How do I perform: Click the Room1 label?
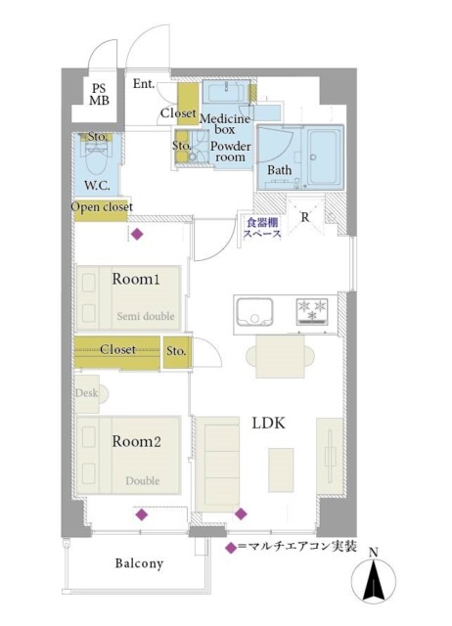coord(136,279)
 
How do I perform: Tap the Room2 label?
coord(136,441)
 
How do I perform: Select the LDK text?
coord(269,423)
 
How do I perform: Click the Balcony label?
coord(139,563)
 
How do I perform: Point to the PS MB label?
coord(99,94)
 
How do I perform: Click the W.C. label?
coord(98,185)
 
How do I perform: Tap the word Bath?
coord(279,170)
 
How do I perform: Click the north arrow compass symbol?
coord(374,579)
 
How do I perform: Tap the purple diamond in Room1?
coord(137,234)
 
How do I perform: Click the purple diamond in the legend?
coord(230,548)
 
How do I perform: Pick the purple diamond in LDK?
coord(241,514)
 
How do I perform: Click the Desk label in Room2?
coord(86,393)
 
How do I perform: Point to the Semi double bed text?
coord(146,316)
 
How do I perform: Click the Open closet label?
coord(102,207)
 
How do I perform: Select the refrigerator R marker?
coord(305,217)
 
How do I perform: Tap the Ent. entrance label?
coord(144,84)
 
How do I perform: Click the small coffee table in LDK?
coord(281,469)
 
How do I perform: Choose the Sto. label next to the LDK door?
coord(176,351)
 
